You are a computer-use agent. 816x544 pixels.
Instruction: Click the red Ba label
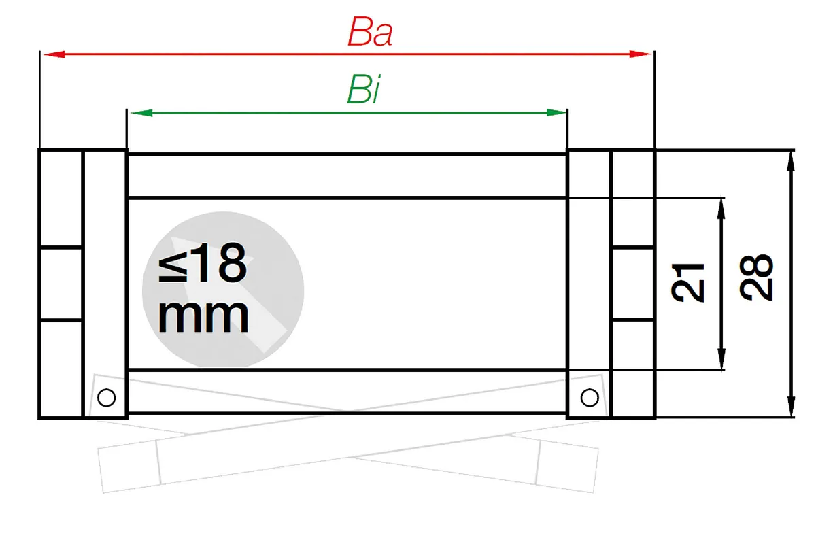(370, 32)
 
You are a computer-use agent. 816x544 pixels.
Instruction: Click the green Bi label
(363, 89)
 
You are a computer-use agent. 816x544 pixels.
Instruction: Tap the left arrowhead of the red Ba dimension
(54, 54)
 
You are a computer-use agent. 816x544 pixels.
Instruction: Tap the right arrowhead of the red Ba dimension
(640, 54)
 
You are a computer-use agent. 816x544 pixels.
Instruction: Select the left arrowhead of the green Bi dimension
(141, 113)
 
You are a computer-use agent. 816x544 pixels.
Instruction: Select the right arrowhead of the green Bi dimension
(557, 113)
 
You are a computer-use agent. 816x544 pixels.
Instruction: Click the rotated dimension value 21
(687, 283)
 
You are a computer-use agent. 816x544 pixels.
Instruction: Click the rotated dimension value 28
(756, 277)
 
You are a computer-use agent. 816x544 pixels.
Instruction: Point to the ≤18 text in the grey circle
(203, 263)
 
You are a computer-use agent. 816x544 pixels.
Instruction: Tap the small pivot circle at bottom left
(107, 398)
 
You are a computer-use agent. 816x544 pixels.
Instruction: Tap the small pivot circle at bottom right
(590, 398)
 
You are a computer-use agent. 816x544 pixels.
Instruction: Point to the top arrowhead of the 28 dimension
(790, 162)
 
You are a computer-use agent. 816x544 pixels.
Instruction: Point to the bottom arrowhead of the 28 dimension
(791, 406)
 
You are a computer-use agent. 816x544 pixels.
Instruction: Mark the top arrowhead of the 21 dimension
(721, 209)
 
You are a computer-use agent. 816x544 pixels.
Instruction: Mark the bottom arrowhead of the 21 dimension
(721, 359)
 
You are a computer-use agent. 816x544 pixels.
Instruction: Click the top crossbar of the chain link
(347, 176)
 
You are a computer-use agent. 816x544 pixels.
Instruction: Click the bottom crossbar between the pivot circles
(347, 392)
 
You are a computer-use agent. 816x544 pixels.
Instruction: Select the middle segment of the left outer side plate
(61, 284)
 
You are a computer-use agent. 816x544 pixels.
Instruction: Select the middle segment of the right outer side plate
(634, 284)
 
